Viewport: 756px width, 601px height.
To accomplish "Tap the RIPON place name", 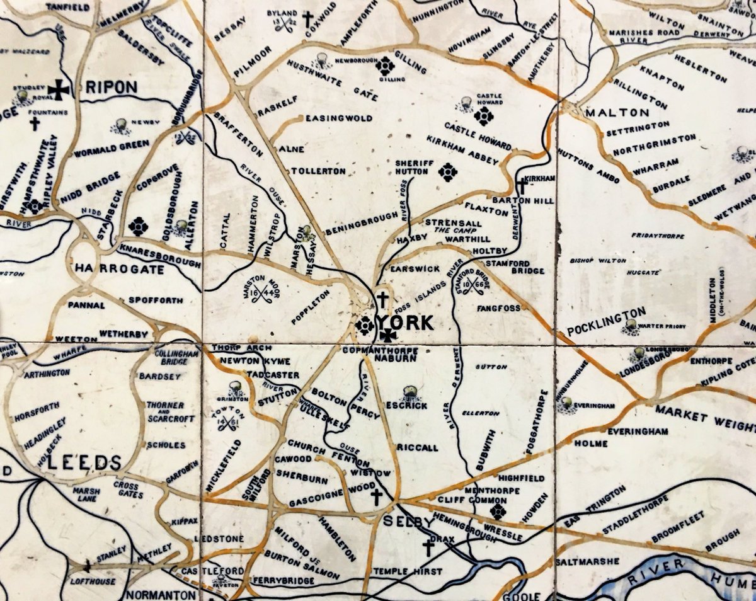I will point(112,87).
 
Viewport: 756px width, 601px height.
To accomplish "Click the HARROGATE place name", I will point(119,269).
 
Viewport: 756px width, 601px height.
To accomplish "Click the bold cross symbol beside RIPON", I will point(60,90).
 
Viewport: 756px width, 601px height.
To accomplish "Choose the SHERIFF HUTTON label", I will point(415,167).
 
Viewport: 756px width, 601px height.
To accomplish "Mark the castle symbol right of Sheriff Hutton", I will point(447,171).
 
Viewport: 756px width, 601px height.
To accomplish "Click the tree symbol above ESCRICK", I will point(409,392).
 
